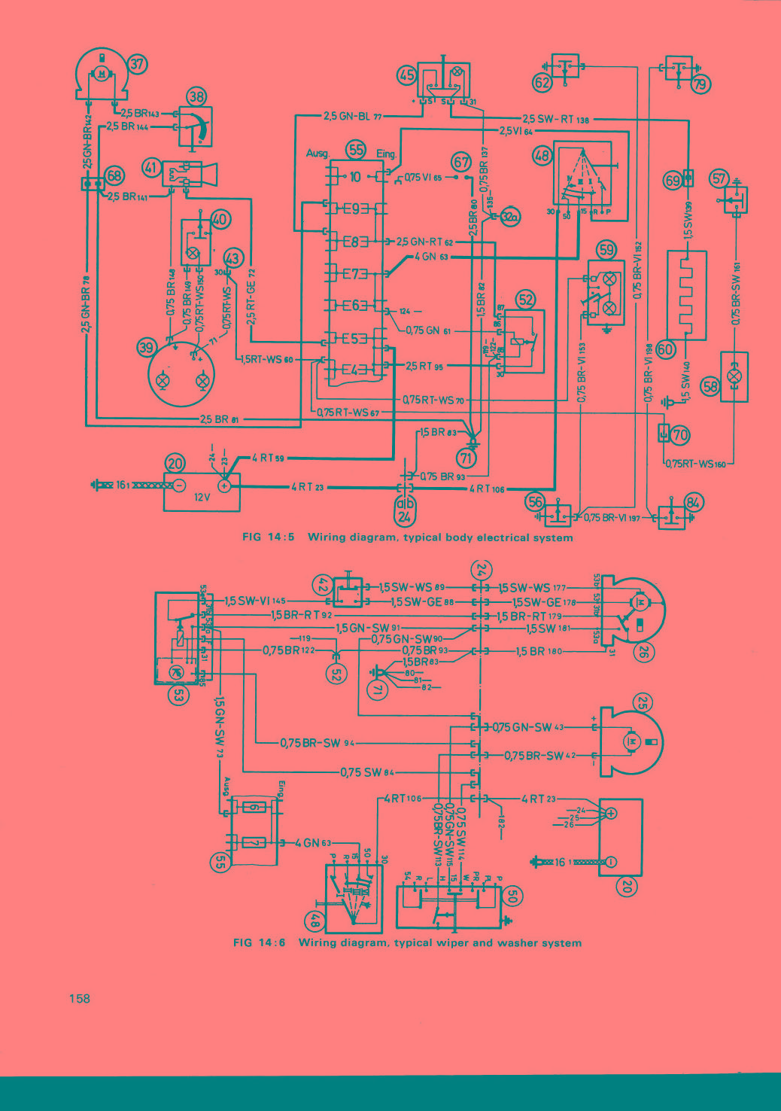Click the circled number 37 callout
(x=137, y=64)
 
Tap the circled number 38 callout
(x=197, y=96)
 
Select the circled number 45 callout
(x=407, y=75)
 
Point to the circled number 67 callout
(x=460, y=162)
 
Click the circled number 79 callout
(x=700, y=84)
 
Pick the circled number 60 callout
(x=666, y=349)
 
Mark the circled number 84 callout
(x=693, y=502)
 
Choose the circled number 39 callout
(x=147, y=347)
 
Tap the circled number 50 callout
(x=512, y=896)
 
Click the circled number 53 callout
(x=178, y=696)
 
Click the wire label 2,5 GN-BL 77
(x=353, y=117)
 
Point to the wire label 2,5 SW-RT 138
(x=556, y=119)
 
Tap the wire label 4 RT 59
(x=268, y=458)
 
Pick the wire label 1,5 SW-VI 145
(x=256, y=601)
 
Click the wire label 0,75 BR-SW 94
(x=317, y=743)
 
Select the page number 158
(x=79, y=998)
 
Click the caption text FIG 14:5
(x=268, y=537)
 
